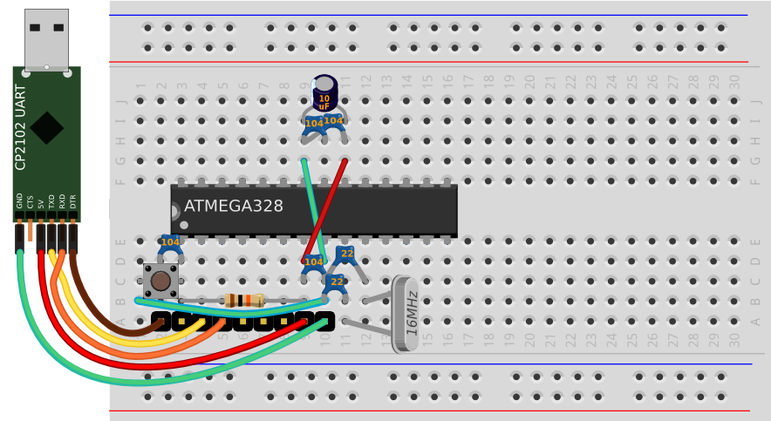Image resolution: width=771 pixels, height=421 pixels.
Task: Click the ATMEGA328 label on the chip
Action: point(233,207)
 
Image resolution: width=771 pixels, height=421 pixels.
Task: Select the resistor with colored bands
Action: point(244,301)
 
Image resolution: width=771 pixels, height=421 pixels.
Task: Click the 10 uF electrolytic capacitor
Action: point(324,93)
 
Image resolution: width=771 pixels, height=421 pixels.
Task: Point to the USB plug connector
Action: point(46,38)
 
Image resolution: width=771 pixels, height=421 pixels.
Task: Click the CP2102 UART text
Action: point(22,127)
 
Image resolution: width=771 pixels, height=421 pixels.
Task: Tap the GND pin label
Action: point(19,201)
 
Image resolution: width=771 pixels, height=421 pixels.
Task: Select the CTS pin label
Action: point(30,201)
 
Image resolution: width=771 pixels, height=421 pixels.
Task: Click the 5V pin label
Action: point(40,203)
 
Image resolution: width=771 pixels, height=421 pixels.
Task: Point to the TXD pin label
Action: point(51,201)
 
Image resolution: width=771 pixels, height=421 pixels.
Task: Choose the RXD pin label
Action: point(62,201)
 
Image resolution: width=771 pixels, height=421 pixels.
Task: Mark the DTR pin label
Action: point(72,201)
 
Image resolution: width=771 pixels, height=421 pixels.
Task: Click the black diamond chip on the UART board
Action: point(47,127)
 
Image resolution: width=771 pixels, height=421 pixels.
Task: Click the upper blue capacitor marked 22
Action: point(346,255)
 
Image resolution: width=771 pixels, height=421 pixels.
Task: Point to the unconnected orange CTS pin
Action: point(30,230)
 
